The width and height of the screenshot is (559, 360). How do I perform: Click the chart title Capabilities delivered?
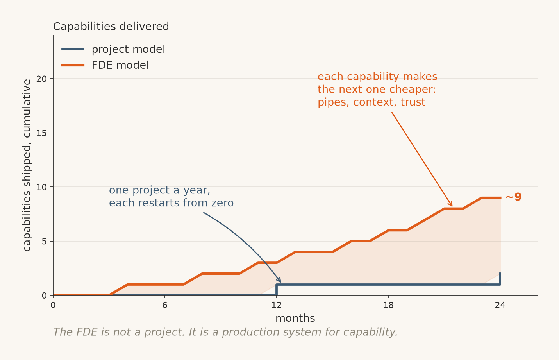pyautogui.click(x=111, y=27)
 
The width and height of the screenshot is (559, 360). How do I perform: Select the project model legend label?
pyautogui.click(x=128, y=49)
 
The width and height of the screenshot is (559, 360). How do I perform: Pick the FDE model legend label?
pyautogui.click(x=120, y=65)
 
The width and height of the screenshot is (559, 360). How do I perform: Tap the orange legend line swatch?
pyautogui.click(x=73, y=65)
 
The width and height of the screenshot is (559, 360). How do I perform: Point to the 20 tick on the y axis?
pyautogui.click(x=41, y=79)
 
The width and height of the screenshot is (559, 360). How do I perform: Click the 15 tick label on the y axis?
pyautogui.click(x=41, y=133)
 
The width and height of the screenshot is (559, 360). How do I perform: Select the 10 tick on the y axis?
pyautogui.click(x=41, y=187)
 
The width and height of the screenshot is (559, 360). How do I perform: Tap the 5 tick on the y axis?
pyautogui.click(x=44, y=242)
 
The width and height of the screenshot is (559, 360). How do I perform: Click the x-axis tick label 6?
pyautogui.click(x=165, y=305)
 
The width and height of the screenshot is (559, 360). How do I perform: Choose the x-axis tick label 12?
pyautogui.click(x=277, y=305)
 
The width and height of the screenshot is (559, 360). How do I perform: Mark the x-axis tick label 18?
pyautogui.click(x=388, y=305)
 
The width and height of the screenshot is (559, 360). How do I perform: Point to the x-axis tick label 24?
pyautogui.click(x=500, y=305)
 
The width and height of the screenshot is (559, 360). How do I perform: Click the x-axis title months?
pyautogui.click(x=295, y=318)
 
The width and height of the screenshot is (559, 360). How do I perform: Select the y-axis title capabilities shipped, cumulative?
pyautogui.click(x=27, y=165)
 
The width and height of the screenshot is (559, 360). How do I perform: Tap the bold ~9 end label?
pyautogui.click(x=514, y=197)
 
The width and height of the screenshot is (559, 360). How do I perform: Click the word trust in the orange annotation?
pyautogui.click(x=413, y=102)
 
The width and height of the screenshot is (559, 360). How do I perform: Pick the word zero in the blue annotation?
pyautogui.click(x=222, y=203)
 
